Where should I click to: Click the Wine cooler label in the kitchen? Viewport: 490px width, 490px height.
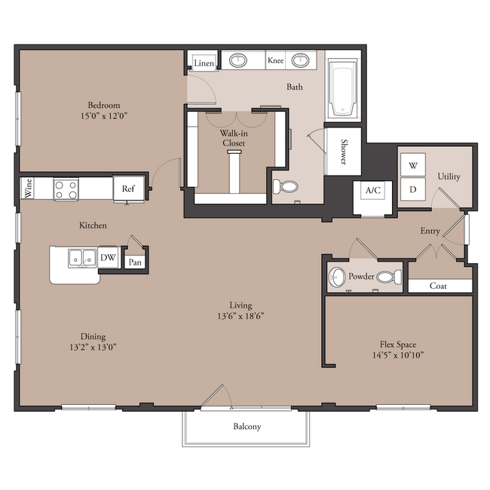(29, 188)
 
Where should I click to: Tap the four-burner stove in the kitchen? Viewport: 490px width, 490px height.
(66, 190)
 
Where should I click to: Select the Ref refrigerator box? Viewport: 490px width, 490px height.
(128, 188)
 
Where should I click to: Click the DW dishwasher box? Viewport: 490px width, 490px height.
(108, 257)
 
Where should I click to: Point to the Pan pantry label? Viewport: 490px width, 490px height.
(135, 262)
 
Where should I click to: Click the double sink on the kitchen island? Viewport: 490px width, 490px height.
(82, 258)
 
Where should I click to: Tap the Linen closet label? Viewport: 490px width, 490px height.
(204, 63)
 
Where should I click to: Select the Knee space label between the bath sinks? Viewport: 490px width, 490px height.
(276, 60)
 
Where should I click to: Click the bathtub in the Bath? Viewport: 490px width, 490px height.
(343, 88)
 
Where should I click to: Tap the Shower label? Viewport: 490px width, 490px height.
(344, 152)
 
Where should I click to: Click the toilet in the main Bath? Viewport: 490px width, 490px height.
(285, 186)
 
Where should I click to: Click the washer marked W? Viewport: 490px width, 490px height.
(413, 164)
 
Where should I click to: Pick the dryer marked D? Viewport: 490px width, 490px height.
(413, 189)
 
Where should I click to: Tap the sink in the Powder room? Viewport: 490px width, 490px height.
(336, 277)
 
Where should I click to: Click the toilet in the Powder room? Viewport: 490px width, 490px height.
(389, 277)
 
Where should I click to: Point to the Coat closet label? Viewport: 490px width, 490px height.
(438, 286)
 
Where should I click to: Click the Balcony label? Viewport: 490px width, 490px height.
(247, 427)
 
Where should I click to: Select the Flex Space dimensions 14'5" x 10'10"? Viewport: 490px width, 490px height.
(398, 355)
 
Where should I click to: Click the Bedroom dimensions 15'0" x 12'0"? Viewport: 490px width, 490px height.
(104, 116)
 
